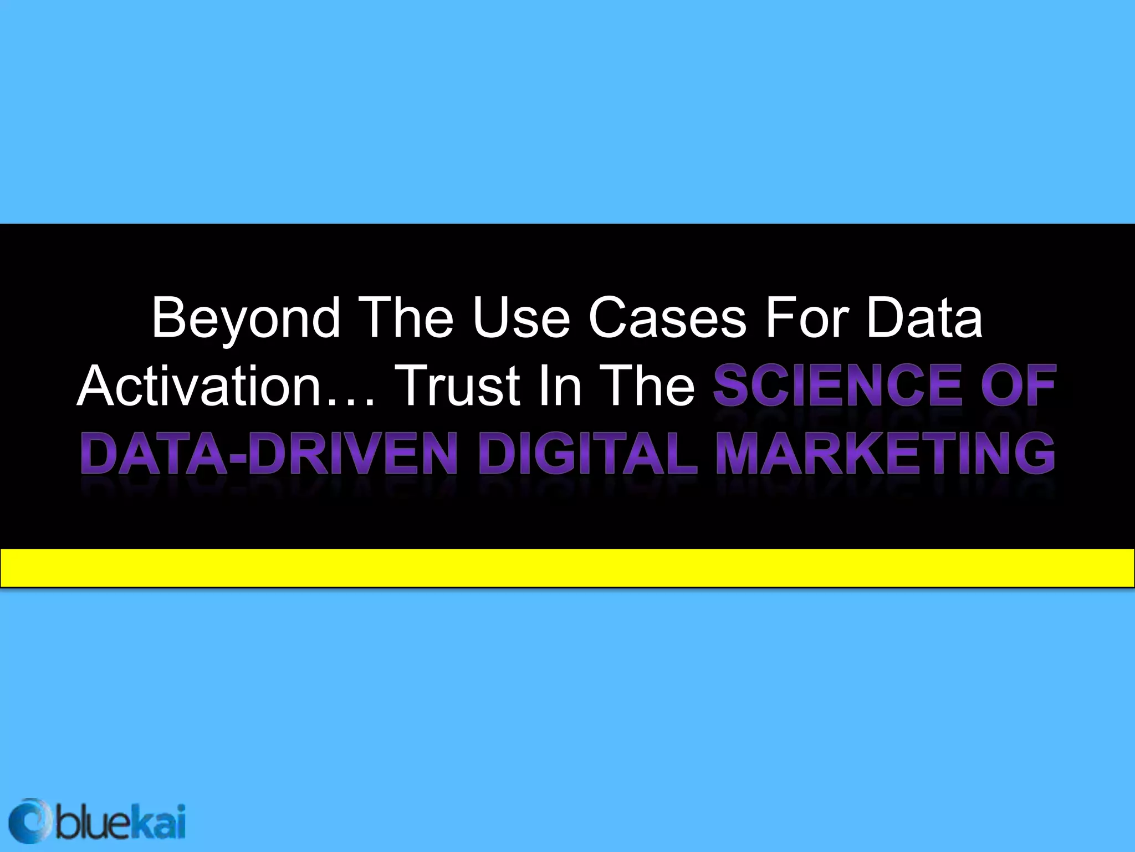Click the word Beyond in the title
[246, 319]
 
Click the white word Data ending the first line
[924, 319]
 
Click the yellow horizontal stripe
[567, 567]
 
